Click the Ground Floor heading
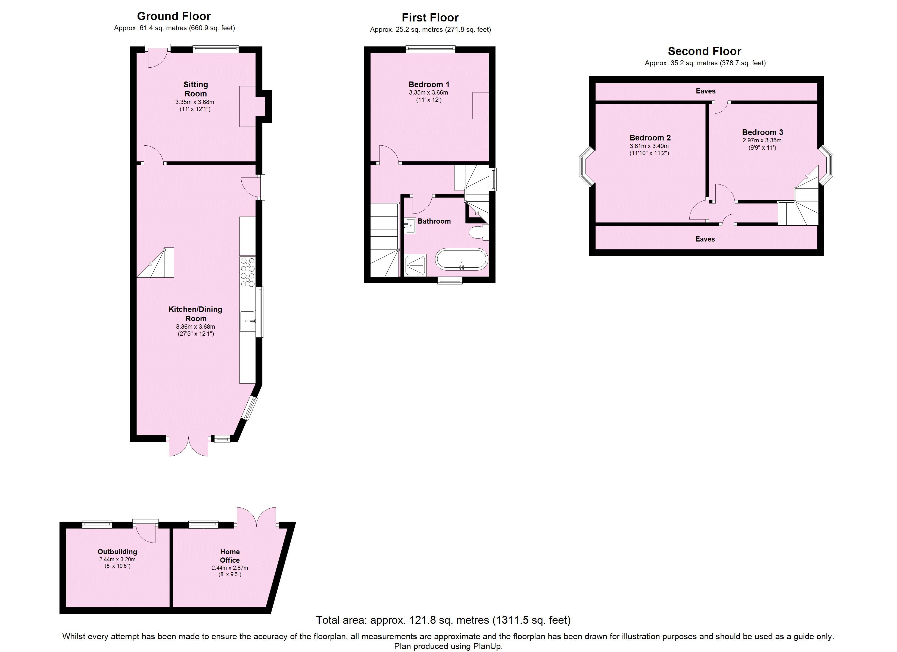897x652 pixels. [174, 16]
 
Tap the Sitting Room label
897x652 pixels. [195, 89]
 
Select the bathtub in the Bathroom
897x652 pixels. [462, 259]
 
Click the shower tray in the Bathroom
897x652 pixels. [415, 265]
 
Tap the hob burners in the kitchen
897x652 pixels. [248, 272]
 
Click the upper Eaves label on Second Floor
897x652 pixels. [706, 91]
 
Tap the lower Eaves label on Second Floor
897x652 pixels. [705, 239]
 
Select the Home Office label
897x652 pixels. [230, 556]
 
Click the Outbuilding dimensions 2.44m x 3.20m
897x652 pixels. [117, 559]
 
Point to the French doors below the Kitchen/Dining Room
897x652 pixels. [189, 447]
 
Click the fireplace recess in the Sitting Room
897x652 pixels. [248, 106]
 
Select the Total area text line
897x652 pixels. [443, 620]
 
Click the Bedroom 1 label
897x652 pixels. [429, 84]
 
